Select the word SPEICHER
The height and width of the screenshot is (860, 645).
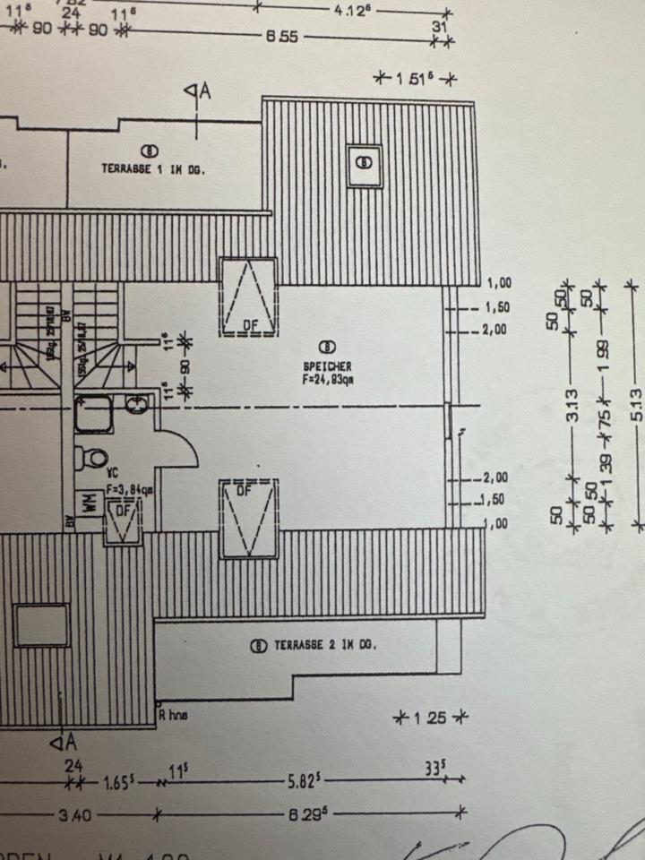pyautogui.click(x=327, y=366)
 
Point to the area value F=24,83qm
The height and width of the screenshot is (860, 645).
pyautogui.click(x=327, y=379)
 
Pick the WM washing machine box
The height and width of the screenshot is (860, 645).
pyautogui.click(x=90, y=503)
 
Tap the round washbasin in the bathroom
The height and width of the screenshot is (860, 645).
pyautogui.click(x=138, y=406)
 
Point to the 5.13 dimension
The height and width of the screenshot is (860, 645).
pyautogui.click(x=637, y=402)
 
